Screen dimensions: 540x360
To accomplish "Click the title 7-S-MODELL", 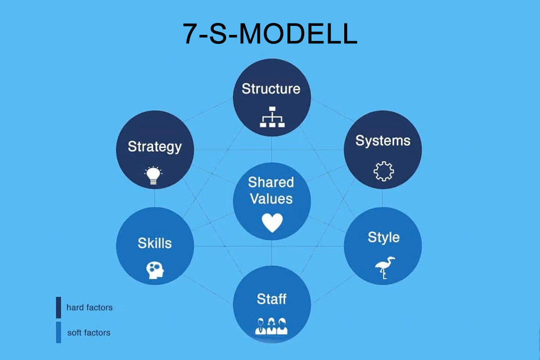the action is point(270,33).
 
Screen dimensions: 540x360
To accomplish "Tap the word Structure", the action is point(271,89).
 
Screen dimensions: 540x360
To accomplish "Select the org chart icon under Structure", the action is point(272,117).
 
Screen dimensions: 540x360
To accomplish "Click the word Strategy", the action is point(155,147).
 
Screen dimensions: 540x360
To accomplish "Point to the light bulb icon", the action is point(153,175).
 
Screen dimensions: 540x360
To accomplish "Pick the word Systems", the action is point(383,141).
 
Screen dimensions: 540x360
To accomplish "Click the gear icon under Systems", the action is point(384,171).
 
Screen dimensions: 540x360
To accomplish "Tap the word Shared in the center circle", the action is point(271,182).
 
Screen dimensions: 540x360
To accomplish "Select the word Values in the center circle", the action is point(271,199).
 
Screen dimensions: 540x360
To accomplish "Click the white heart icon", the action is point(272,222).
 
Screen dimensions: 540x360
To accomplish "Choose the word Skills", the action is point(155,243).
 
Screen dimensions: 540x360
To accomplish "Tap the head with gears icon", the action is point(155,270).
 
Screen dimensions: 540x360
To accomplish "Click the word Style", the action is point(384,238).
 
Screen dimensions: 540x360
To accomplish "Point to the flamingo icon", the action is point(384,268).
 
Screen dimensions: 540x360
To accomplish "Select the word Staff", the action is point(271,299).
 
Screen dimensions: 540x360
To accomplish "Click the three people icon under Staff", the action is point(271,326).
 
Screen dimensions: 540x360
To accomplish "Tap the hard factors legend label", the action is point(89,307).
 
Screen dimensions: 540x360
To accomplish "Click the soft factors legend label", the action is point(89,332).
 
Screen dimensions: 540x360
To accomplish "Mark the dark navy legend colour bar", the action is point(58,307).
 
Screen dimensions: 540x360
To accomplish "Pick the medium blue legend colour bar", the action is point(58,332).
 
